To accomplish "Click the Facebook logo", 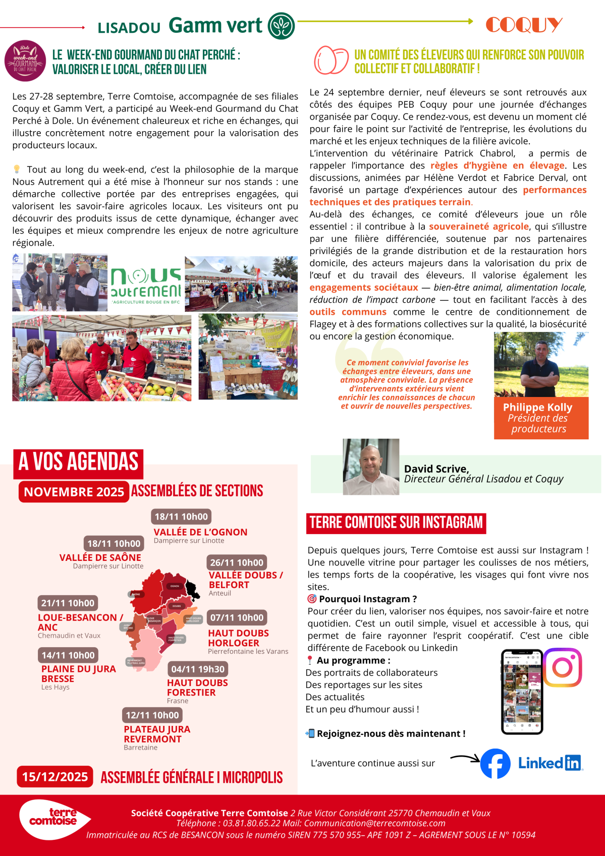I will [495, 763].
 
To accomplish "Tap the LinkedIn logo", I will [550, 763].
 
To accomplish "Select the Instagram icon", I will [562, 667].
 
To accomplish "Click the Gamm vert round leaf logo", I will [281, 26].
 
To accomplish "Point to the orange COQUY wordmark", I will [524, 24].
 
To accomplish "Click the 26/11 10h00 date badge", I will [237, 562].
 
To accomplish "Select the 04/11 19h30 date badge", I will [198, 669].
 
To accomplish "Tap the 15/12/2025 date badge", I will [55, 777].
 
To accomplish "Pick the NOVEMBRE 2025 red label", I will [74, 492].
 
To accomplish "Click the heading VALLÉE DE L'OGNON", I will [200, 532].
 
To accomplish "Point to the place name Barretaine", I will [140, 748].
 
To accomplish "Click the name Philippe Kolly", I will [537, 407].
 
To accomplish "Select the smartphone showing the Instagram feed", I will [522, 692].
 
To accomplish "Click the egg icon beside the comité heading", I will [331, 60].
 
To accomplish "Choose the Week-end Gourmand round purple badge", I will [25, 61].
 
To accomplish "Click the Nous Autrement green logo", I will [146, 283].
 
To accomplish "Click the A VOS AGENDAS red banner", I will [78, 462].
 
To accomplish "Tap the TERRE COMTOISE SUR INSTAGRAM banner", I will [396, 523].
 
